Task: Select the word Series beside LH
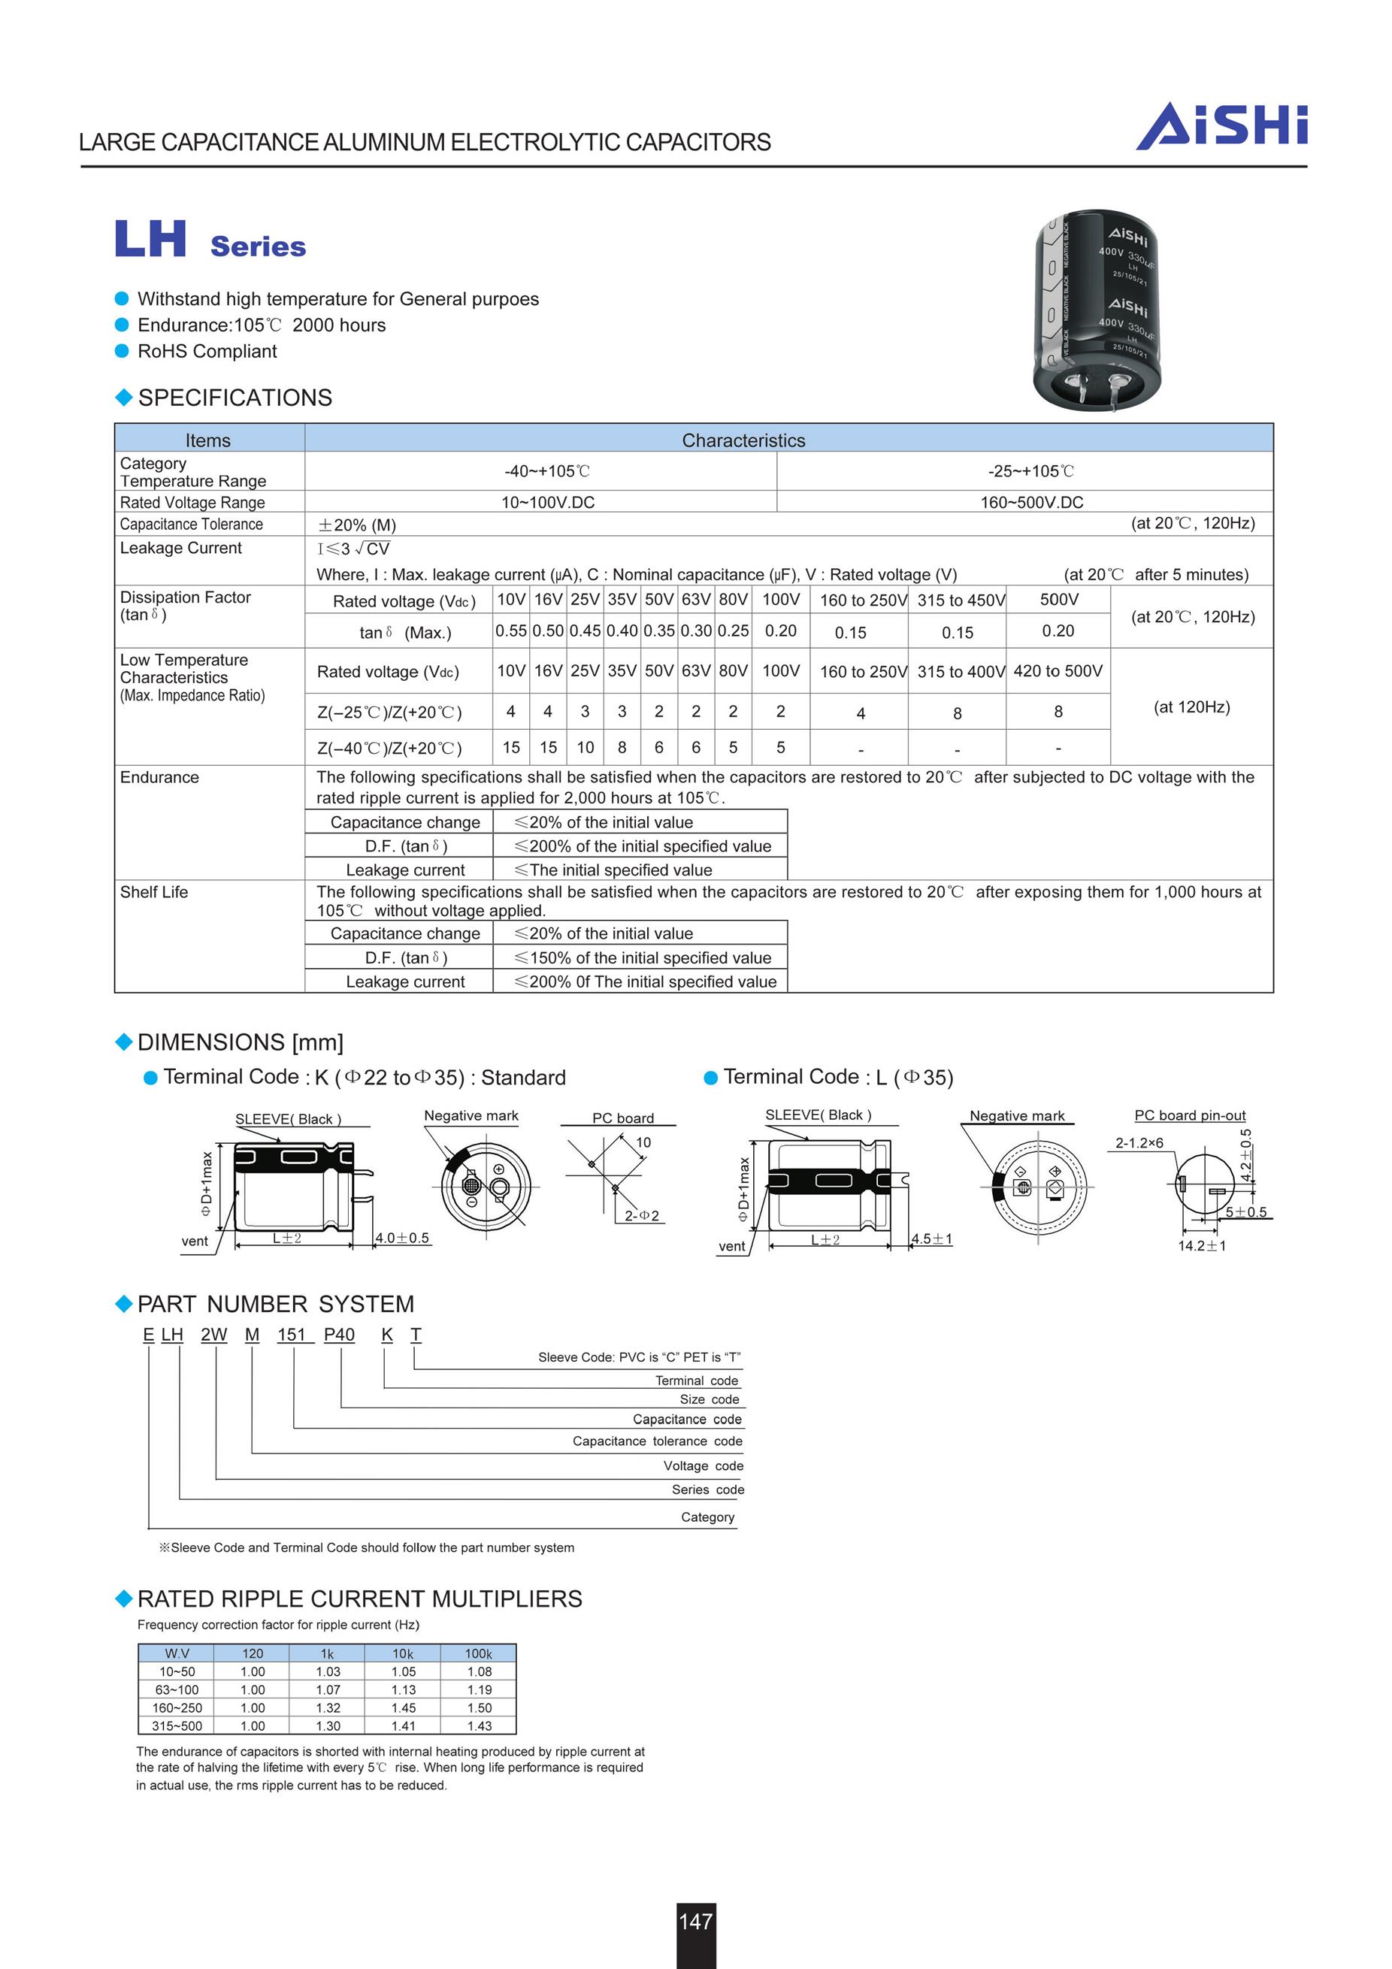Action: tap(258, 247)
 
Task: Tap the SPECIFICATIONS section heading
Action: tap(235, 398)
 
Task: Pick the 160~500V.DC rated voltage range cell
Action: tap(1031, 503)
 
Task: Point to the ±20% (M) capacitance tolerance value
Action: tap(357, 525)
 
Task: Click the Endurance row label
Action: tap(159, 778)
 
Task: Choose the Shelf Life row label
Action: tap(153, 892)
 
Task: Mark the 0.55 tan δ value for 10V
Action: tap(510, 631)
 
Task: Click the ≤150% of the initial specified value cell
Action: tap(643, 958)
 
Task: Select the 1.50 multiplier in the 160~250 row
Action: tap(479, 1707)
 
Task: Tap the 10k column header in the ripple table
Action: tap(403, 1653)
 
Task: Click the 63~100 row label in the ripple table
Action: tap(177, 1689)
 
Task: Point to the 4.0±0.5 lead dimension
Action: tap(402, 1239)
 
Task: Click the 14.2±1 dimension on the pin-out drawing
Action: tap(1201, 1245)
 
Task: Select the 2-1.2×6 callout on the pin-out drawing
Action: tap(1139, 1143)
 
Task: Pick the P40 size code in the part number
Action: tap(339, 1335)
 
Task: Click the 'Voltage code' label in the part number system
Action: tap(703, 1465)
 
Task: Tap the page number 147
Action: tap(695, 1922)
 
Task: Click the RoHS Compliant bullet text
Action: tap(207, 352)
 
